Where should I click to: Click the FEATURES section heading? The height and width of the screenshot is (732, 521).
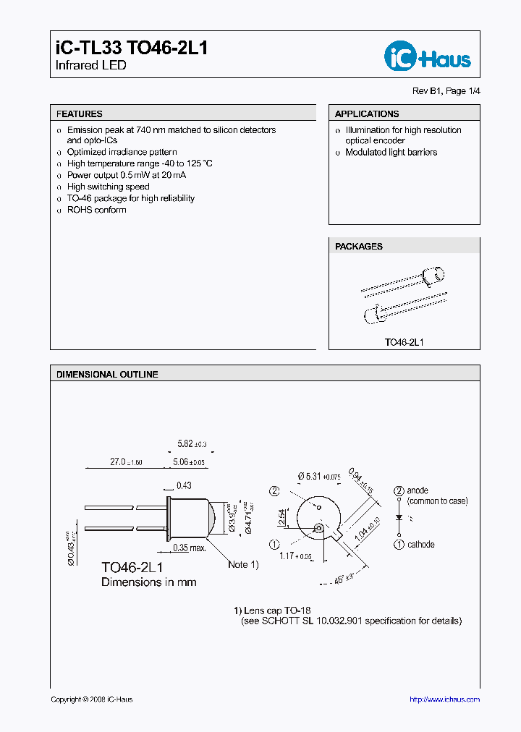point(80,114)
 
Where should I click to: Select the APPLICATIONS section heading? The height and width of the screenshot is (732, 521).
point(367,114)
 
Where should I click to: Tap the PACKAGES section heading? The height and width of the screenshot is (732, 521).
point(359,247)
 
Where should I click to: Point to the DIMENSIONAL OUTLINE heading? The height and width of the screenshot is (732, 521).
point(107,375)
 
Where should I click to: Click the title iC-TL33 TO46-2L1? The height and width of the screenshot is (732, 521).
point(132,48)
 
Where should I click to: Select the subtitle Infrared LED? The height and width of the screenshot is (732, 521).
point(91,66)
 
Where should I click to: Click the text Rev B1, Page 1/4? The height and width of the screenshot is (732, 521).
point(446,91)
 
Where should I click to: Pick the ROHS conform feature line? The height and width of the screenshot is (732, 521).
point(96,210)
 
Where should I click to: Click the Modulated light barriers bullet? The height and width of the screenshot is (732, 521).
point(391,153)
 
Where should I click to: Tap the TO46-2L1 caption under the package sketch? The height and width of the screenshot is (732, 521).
point(404,341)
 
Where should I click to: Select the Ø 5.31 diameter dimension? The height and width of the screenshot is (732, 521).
point(318,476)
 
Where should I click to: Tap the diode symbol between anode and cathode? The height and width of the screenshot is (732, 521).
point(398,518)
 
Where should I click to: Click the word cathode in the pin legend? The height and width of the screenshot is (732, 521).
point(421,544)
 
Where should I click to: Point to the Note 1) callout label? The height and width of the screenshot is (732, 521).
point(243,564)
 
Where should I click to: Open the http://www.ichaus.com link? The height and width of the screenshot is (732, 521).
point(444,699)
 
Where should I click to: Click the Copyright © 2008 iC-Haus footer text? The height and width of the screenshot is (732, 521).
point(92,699)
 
